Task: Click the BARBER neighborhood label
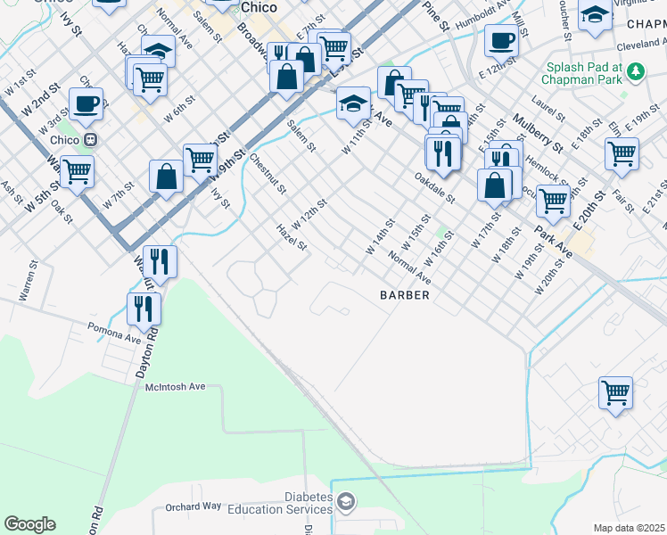(x=405, y=294)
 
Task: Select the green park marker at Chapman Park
(x=636, y=70)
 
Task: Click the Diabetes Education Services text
(x=280, y=503)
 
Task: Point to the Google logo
(x=29, y=524)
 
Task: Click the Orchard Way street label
(x=193, y=506)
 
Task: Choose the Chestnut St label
(x=268, y=174)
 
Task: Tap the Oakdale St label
(x=435, y=187)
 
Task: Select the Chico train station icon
(x=90, y=141)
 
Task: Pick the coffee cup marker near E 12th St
(x=501, y=40)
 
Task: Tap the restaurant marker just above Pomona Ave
(x=144, y=309)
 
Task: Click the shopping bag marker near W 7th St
(x=167, y=176)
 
